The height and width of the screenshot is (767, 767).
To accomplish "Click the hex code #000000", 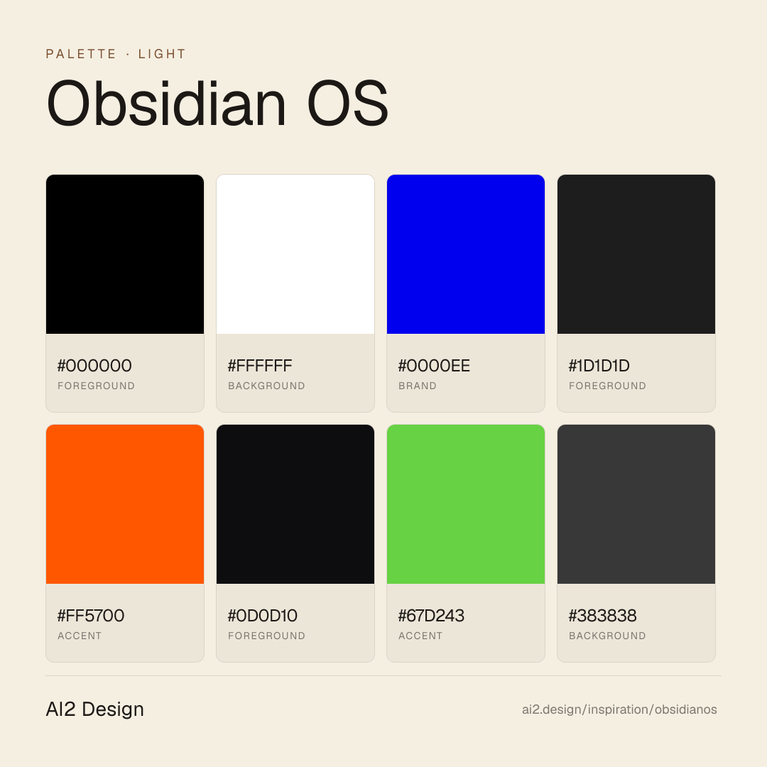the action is click(x=94, y=366).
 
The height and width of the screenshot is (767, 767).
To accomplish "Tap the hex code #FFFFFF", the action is click(x=260, y=366).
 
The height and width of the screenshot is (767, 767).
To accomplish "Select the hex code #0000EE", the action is click(x=434, y=366).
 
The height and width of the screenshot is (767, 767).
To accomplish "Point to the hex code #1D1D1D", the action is click(x=599, y=366).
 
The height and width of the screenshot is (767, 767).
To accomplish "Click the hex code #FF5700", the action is click(x=91, y=615).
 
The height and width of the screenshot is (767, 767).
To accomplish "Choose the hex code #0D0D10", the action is click(x=262, y=615).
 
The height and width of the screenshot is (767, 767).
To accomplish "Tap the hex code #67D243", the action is click(x=431, y=615).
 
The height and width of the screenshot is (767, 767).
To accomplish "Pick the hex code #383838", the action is click(x=603, y=615).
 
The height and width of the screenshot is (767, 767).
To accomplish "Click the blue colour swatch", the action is click(x=466, y=254).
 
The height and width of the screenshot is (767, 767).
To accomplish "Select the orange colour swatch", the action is click(x=125, y=504).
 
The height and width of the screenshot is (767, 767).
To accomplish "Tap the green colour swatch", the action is click(x=466, y=504).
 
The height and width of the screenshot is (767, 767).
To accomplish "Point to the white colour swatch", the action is click(x=295, y=254).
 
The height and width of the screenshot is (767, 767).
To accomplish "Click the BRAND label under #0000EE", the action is click(x=418, y=386).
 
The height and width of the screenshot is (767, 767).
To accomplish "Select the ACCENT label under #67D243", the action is click(x=420, y=636).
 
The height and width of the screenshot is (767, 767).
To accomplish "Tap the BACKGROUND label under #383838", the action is click(x=607, y=636).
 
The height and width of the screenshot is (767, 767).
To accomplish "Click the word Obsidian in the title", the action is click(x=166, y=103).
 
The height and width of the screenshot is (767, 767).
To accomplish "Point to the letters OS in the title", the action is click(x=348, y=103).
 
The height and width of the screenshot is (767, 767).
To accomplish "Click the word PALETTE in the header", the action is click(x=81, y=54).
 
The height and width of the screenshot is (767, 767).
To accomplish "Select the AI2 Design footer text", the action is click(x=95, y=709).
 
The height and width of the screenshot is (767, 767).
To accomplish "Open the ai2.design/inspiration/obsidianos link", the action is click(x=619, y=709).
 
